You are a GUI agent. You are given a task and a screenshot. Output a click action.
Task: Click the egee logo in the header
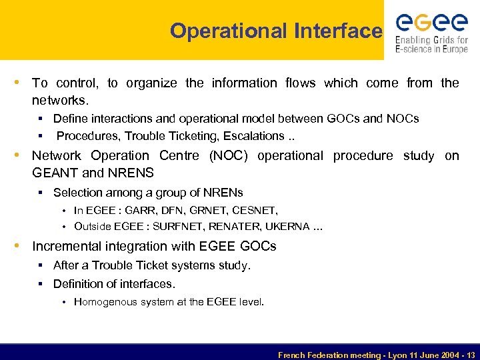[x=431, y=23]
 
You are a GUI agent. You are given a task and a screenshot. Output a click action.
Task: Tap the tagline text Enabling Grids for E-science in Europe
[x=431, y=45]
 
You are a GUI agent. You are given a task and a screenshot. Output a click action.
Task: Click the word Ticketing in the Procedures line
[x=171, y=136]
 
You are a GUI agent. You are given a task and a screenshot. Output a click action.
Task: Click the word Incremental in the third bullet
[x=69, y=246]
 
